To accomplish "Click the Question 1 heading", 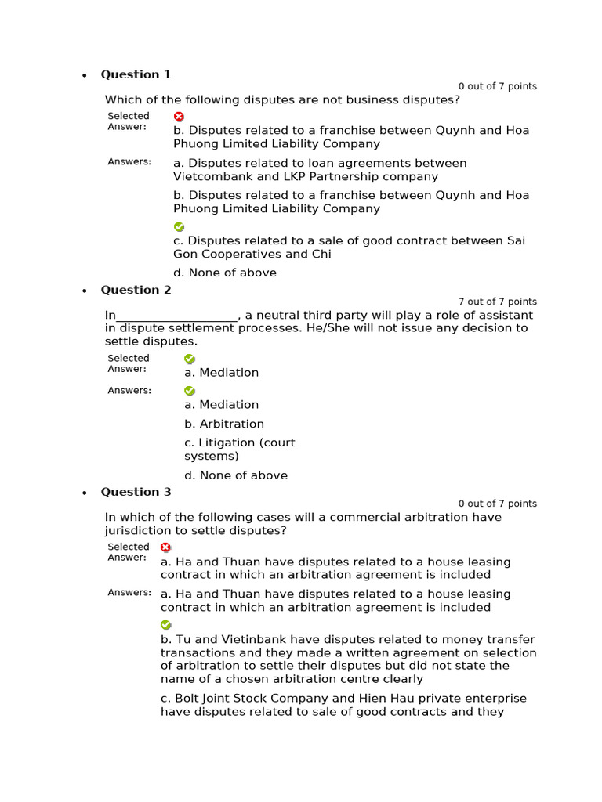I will (136, 74).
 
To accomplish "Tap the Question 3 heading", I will (136, 492).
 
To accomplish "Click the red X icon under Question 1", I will (179, 117).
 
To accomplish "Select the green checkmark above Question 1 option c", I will (179, 227).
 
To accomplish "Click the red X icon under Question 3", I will (165, 547).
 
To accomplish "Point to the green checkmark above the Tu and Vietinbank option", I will (165, 625).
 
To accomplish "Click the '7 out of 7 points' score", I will (498, 302).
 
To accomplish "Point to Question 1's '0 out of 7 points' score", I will (498, 86).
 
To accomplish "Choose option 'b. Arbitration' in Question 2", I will (224, 424).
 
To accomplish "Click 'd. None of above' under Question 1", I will (225, 273).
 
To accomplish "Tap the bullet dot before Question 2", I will (85, 291).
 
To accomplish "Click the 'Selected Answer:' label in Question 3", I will (128, 552).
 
